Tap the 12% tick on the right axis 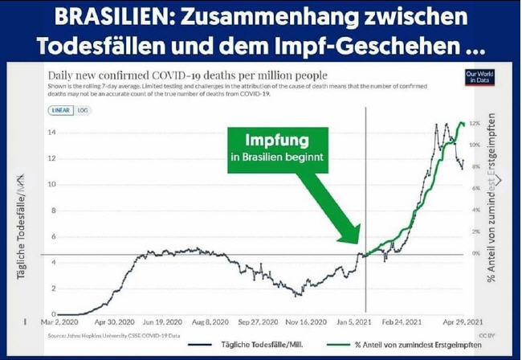pos(475,124)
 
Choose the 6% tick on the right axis pos(475,188)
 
